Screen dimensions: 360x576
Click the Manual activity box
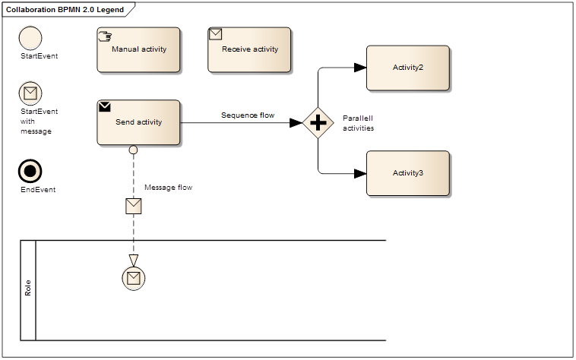138,50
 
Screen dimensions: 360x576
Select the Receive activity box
249,50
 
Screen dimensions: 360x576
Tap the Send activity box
138,122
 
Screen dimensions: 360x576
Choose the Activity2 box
407,68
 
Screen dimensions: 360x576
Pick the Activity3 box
407,173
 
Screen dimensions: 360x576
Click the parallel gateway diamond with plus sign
318,122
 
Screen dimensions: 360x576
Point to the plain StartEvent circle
30,38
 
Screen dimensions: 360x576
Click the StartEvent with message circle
30,93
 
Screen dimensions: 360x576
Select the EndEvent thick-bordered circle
30,172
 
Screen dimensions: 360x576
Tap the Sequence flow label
248,115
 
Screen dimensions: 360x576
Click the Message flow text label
168,187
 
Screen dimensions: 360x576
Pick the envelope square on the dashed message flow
134,206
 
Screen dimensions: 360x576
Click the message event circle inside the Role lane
134,279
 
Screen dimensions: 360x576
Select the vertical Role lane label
28,289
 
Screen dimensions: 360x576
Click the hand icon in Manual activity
106,35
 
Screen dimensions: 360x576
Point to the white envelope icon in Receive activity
216,34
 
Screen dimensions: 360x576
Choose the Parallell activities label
358,123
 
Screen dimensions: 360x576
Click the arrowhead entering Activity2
360,68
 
